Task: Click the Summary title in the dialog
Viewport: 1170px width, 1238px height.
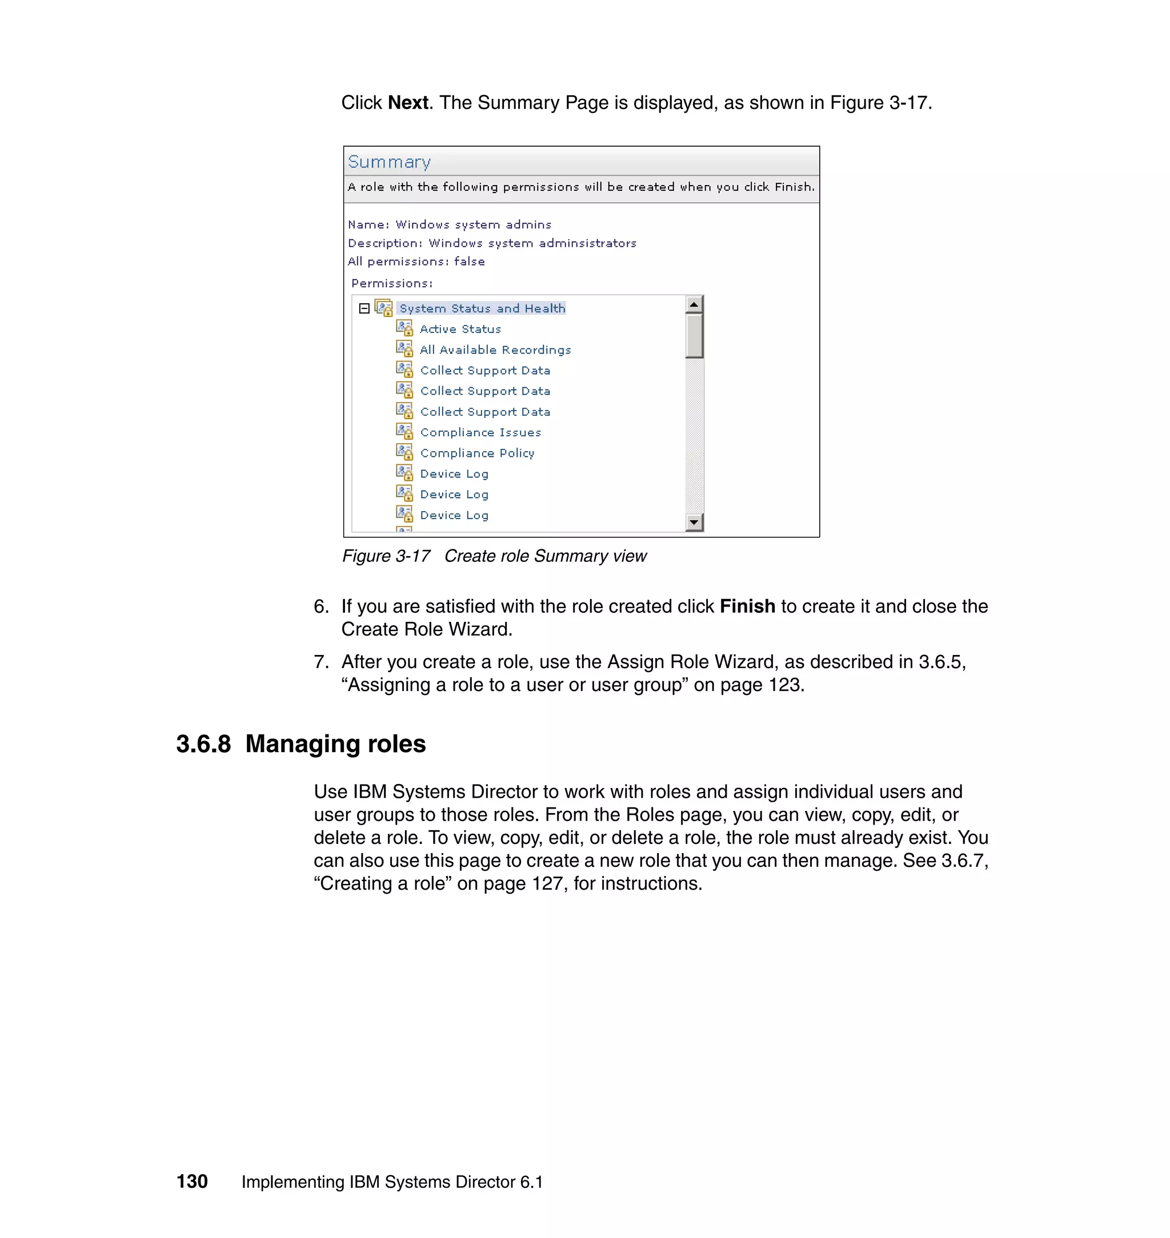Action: coord(389,162)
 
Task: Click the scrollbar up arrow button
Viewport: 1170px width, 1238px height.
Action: coord(694,304)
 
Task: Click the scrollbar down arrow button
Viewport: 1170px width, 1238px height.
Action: coord(694,522)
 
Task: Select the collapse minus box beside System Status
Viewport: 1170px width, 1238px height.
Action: coord(364,308)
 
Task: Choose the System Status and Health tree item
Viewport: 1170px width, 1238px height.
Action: coord(482,308)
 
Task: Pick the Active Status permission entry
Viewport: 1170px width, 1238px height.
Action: coord(460,329)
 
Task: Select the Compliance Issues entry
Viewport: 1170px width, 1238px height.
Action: coord(480,433)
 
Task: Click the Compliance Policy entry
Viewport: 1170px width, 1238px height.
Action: coord(477,453)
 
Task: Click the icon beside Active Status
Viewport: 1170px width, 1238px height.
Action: coord(404,328)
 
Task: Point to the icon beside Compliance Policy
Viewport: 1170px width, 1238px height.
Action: coord(404,452)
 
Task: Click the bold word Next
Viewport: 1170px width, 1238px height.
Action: coord(408,103)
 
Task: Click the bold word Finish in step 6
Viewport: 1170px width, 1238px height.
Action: coord(747,606)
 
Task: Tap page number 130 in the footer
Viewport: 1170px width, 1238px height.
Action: coord(192,1181)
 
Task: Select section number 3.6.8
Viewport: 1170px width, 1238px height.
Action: coord(203,744)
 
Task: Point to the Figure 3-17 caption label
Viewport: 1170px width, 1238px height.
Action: coord(386,556)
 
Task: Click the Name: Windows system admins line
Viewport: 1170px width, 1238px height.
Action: coord(450,224)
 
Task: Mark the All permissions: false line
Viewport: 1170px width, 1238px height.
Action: coord(416,262)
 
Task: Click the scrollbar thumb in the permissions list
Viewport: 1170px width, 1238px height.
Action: coord(694,335)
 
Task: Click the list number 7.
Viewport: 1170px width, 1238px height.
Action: coord(320,662)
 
